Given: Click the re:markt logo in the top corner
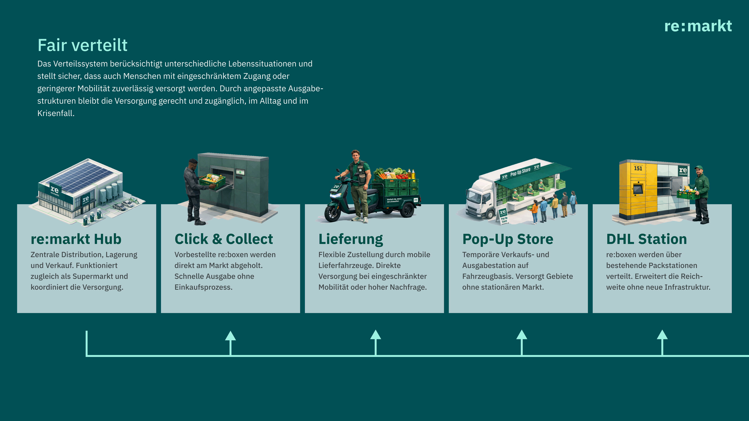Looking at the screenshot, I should click(x=698, y=26).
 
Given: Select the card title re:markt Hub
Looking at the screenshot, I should click(x=76, y=239).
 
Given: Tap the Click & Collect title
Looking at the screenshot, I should click(x=224, y=239).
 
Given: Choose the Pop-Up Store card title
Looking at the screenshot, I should click(x=508, y=239).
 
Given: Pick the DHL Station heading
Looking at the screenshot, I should click(x=646, y=239).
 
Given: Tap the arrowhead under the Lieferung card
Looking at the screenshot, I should click(x=375, y=335).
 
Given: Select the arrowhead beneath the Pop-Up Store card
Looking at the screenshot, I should click(x=522, y=335).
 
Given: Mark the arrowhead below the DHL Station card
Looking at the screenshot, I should click(x=662, y=335).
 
